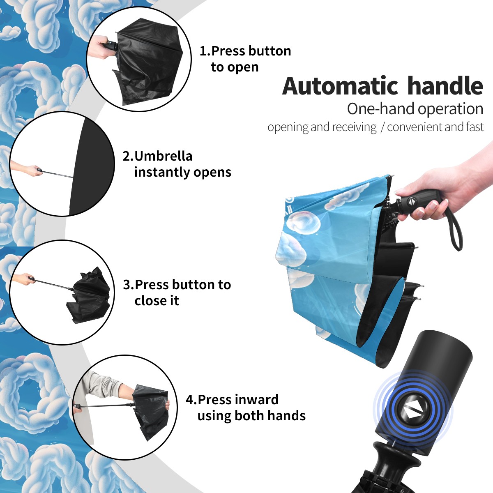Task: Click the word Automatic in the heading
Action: (x=340, y=86)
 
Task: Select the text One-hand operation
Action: (x=415, y=109)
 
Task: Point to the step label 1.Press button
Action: (x=245, y=51)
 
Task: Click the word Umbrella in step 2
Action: (x=163, y=156)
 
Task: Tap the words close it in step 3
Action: (x=157, y=301)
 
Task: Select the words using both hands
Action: (x=251, y=416)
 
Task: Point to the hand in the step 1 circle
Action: (x=98, y=46)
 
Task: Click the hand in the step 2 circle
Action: (x=27, y=169)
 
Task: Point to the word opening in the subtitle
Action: (x=288, y=127)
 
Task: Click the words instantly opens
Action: (x=183, y=172)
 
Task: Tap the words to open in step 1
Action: (x=235, y=67)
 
